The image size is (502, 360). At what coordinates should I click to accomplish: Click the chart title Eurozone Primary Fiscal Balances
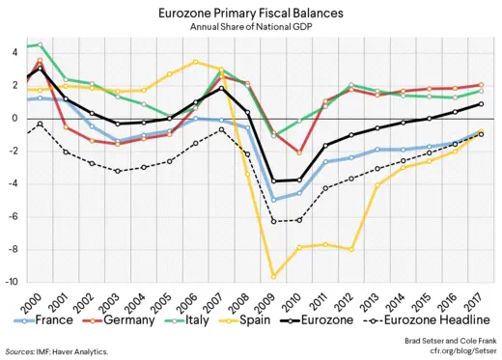250,14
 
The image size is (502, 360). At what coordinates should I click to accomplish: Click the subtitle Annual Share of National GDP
250,29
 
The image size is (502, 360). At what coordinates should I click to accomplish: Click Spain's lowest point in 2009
274,276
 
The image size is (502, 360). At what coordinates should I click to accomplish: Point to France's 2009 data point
274,200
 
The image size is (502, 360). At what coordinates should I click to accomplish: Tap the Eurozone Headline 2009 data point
274,221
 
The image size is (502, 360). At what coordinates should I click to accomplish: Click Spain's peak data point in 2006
195,62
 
